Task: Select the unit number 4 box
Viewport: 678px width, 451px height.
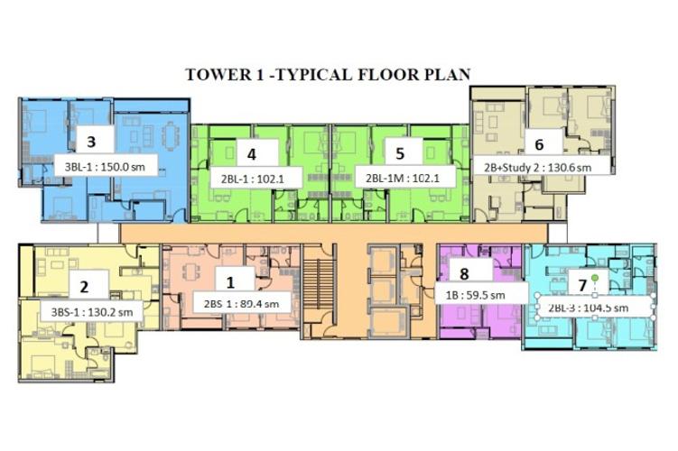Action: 252,152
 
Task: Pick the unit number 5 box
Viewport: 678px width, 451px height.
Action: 402,152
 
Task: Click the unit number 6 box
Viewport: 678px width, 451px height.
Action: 539,143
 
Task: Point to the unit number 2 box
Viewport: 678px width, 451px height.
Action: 84,288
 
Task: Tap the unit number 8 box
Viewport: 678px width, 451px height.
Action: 464,273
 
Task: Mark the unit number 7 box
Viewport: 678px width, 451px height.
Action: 583,285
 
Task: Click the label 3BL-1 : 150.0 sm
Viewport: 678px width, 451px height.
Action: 107,166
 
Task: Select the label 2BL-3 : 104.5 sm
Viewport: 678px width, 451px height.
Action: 595,307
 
